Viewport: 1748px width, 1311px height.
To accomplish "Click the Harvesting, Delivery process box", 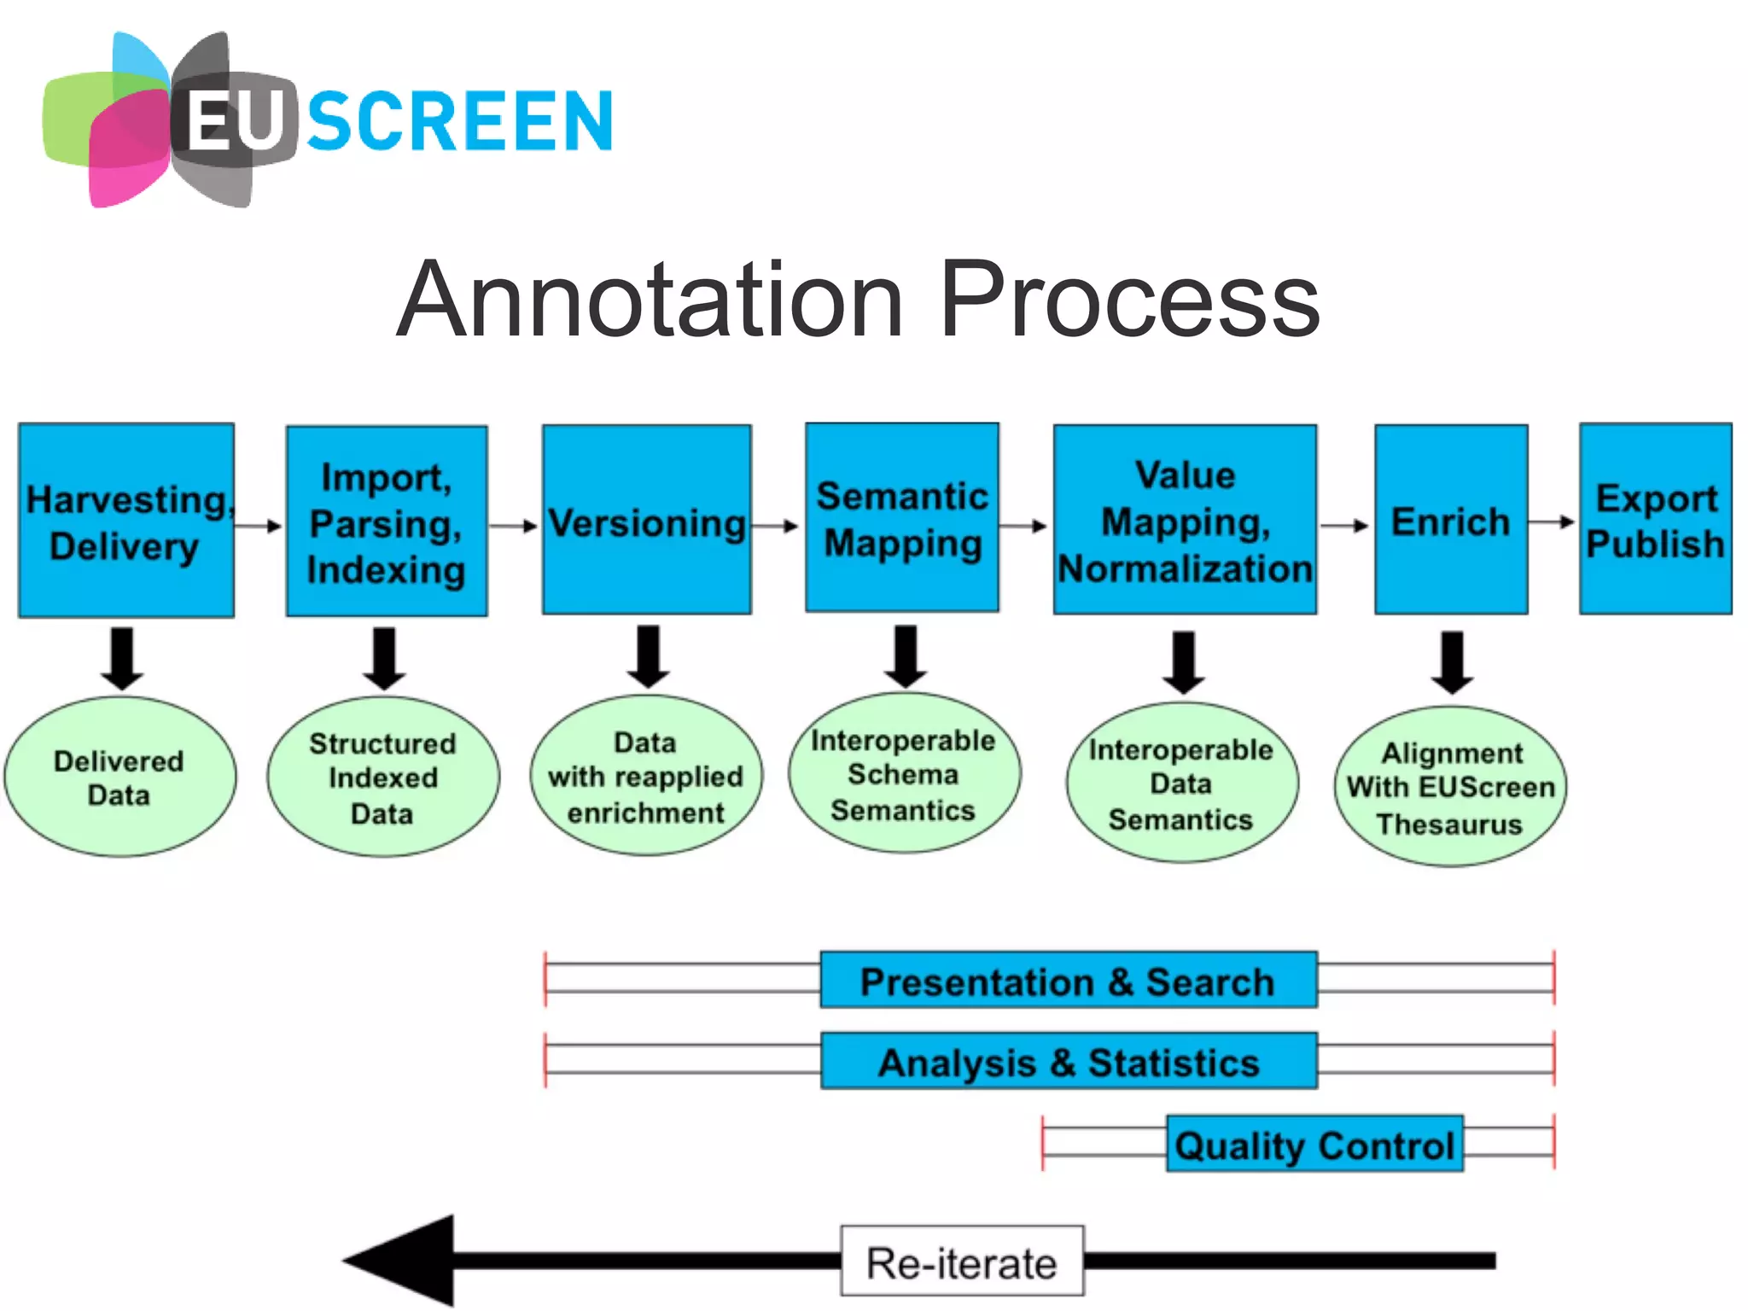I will pos(125,521).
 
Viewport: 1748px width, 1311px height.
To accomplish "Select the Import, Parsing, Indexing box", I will pos(387,521).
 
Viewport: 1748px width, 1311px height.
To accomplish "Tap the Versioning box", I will pos(646,520).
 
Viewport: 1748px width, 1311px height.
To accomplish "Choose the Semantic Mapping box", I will pos(902,518).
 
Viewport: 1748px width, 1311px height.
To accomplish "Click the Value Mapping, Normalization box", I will pos(1185,520).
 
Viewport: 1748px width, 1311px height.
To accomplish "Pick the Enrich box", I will pos(1450,520).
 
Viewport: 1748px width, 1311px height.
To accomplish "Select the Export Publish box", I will pos(1655,519).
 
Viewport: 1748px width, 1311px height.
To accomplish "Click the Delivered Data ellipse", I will pos(119,777).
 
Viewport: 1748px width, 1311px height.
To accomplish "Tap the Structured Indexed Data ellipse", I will pos(382,777).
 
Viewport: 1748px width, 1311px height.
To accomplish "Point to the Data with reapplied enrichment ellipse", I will pos(646,776).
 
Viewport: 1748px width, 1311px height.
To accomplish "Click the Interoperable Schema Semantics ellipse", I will pos(903,773).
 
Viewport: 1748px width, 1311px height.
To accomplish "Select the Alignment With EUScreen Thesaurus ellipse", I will pos(1450,787).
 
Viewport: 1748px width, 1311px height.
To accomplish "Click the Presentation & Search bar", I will pos(1068,981).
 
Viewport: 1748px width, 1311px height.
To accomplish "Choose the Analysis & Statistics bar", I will pos(1069,1062).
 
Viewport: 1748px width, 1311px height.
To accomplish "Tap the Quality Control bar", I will pos(1314,1144).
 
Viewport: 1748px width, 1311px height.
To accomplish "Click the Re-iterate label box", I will pos(962,1261).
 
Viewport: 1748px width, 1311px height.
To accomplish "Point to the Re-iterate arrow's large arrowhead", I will pos(405,1261).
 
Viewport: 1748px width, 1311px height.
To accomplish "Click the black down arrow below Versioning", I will pos(648,656).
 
